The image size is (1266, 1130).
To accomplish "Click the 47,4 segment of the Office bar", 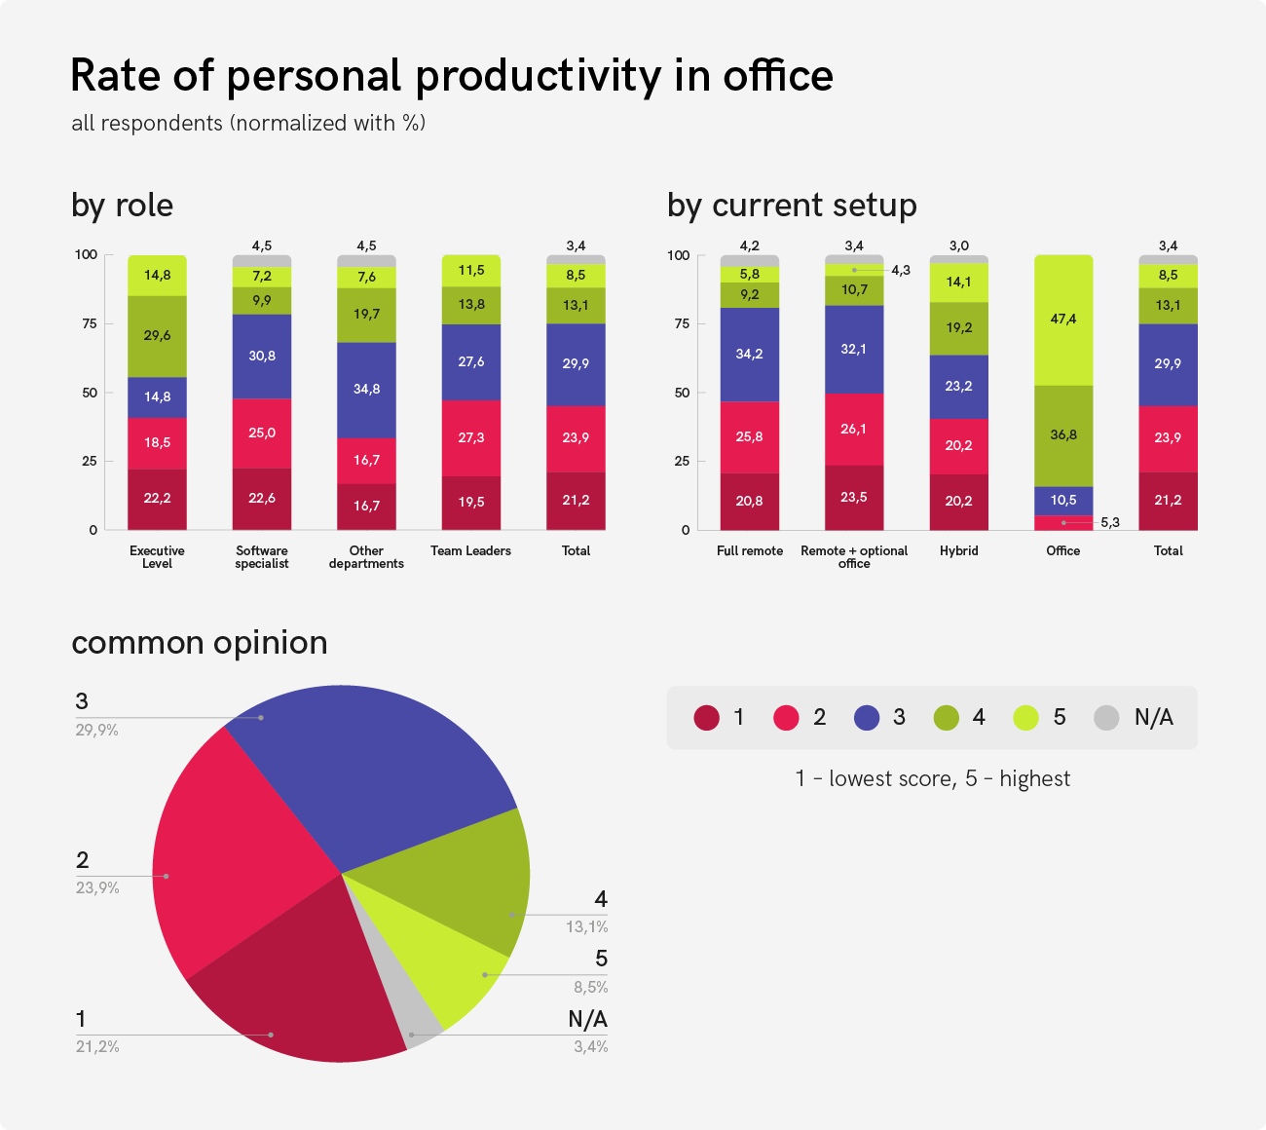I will point(1063,320).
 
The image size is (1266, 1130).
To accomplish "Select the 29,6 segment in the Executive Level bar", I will point(157,336).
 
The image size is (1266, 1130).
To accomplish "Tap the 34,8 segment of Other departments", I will point(366,390).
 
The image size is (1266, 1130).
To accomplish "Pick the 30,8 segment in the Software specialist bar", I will point(262,356).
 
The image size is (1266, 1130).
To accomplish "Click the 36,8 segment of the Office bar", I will point(1063,435).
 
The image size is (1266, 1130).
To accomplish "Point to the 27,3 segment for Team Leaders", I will point(471,437).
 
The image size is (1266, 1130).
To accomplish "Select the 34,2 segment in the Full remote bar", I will point(750,355).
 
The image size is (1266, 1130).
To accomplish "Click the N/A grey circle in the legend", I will point(1106,718).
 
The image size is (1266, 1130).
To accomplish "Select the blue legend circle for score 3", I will point(867,718).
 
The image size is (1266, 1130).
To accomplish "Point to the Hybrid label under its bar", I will point(958,551).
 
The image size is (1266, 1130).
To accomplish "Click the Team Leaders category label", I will point(471,551).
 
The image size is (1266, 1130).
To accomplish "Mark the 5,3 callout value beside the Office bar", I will point(1109,523).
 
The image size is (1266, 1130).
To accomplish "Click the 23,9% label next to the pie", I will point(97,888).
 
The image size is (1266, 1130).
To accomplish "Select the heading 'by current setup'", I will point(792,206).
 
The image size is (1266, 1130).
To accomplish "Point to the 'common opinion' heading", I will point(200,643).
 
